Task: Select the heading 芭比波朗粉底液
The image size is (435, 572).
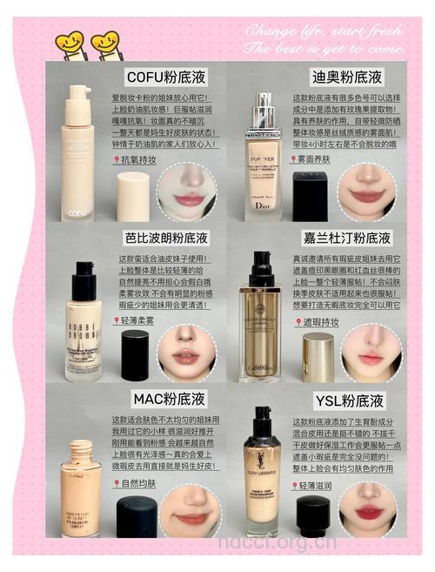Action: coord(166,238)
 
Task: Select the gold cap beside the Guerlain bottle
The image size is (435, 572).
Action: coord(318,357)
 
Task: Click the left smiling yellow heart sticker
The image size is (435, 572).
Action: coord(69,41)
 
